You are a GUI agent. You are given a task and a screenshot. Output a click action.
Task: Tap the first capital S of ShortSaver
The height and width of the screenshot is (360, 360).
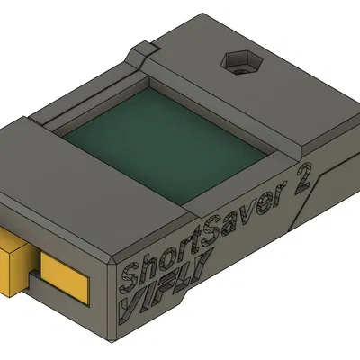pyautogui.click(x=130, y=273)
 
